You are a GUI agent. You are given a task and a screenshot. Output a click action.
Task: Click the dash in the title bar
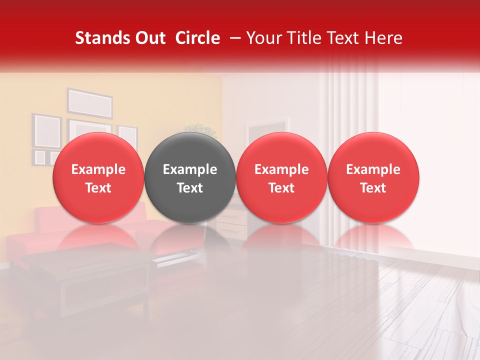tap(234, 38)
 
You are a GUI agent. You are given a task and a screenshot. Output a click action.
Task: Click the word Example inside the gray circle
tap(190, 169)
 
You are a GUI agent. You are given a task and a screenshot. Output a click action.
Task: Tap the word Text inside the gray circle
tap(190, 188)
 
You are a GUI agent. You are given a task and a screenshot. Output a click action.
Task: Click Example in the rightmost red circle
tap(373, 169)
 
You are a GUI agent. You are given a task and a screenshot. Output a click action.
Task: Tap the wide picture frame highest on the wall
tap(90, 102)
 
